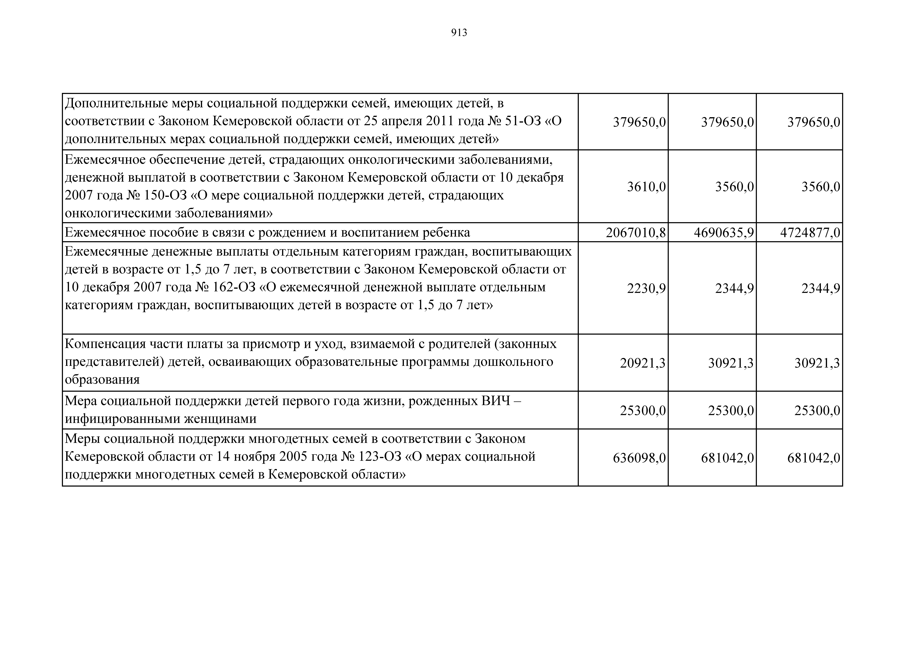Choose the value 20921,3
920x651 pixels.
click(x=642, y=363)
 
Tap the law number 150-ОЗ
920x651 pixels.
click(x=163, y=195)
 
